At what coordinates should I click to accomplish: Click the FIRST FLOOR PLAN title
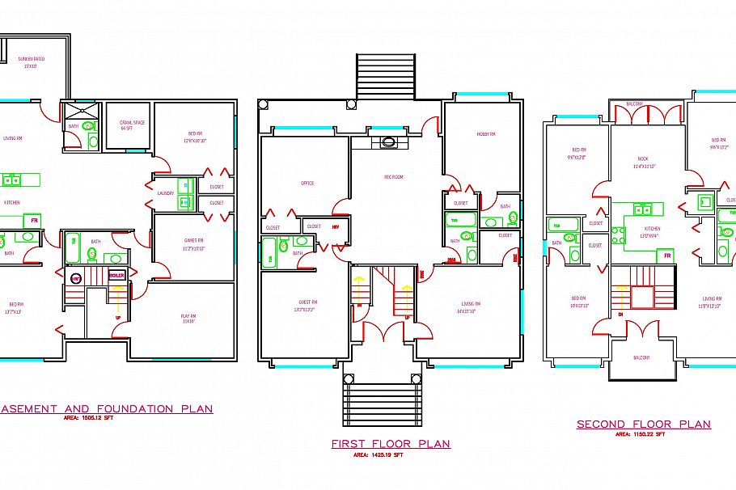pos(391,444)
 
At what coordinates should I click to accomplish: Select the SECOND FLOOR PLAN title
pos(643,425)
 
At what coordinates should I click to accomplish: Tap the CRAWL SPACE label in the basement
pos(132,125)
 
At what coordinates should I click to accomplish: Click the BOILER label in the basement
pos(116,275)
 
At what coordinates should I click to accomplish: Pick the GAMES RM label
pos(193,244)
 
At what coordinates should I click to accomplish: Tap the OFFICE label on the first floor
pos(307,184)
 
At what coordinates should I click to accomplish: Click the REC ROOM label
pos(393,176)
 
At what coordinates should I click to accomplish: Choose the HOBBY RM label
pos(485,134)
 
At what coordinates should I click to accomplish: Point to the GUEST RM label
pos(308,305)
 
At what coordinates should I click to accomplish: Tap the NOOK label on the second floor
pos(643,162)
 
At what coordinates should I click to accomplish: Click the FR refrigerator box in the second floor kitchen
pos(668,255)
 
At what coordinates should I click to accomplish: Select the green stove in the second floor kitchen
pos(619,235)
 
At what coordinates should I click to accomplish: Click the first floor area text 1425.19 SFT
pos(379,455)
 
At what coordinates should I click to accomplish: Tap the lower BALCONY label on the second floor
pos(640,357)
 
